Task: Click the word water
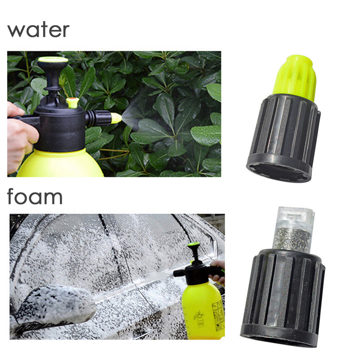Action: tap(38, 30)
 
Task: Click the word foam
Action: tap(35, 198)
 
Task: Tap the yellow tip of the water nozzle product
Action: tap(294, 78)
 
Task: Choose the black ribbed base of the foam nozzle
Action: tap(283, 299)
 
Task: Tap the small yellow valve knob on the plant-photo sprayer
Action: tap(72, 103)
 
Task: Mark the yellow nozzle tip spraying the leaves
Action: tap(116, 118)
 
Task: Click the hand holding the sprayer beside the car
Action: tap(219, 273)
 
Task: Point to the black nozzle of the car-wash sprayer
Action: tap(179, 273)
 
